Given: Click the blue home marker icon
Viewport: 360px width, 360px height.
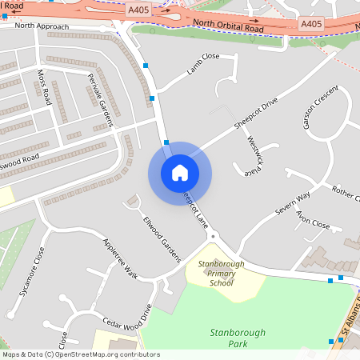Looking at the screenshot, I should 179,173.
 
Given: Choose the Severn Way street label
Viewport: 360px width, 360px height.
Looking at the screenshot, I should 292,203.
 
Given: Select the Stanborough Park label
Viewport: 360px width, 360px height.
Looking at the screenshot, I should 237,338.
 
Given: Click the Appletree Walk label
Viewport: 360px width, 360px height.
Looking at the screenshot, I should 120,258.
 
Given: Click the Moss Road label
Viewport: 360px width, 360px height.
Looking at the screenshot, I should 44,86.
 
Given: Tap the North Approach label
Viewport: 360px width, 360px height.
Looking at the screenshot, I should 42,26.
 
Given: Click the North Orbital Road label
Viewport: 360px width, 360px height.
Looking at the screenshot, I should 227,26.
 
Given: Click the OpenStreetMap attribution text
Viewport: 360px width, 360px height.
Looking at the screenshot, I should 80,354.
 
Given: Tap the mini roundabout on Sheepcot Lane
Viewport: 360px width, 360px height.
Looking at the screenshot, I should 213,236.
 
